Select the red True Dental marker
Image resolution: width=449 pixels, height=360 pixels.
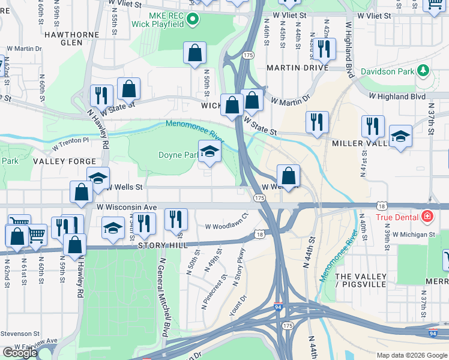coord(426,216)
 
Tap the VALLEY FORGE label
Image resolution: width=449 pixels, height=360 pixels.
coord(64,161)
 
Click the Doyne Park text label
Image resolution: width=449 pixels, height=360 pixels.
coord(178,155)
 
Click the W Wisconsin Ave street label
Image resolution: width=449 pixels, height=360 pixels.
coord(127,207)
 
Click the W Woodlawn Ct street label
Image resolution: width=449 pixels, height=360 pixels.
coord(226,226)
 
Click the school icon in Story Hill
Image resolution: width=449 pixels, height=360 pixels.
coord(112,229)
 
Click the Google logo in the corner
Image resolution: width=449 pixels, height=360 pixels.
coord(19,353)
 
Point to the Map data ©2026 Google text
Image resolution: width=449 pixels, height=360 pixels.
coord(411,355)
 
